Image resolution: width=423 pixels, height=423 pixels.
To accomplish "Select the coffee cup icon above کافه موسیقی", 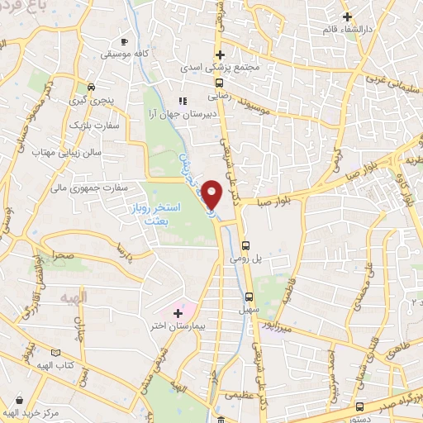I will (x=124, y=40).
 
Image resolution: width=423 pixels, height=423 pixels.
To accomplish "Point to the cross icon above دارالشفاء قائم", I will (x=348, y=15).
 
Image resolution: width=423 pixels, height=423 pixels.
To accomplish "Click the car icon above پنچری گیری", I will (x=91, y=86).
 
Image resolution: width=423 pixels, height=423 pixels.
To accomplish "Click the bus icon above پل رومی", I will (x=245, y=245).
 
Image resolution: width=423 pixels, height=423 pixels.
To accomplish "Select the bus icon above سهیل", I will (x=249, y=297).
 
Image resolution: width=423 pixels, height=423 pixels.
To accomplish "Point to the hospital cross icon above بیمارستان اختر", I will (x=178, y=313).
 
